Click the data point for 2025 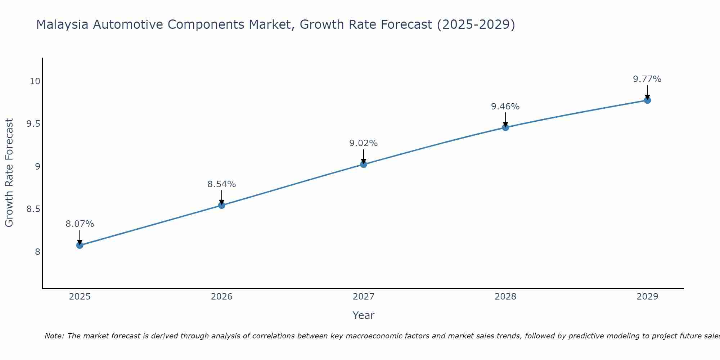[x=80, y=245]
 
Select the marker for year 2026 [x=221, y=205]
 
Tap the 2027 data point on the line [x=363, y=164]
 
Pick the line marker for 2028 [x=505, y=127]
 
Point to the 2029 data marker [x=647, y=100]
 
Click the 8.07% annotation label [x=80, y=224]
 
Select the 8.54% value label [x=221, y=184]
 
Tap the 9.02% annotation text [x=363, y=143]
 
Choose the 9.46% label [x=505, y=107]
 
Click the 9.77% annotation [x=647, y=79]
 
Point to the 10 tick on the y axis [x=35, y=81]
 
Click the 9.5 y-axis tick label [x=33, y=124]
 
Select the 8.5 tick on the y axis [x=33, y=209]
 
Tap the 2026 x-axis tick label [x=221, y=297]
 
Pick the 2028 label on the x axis [x=505, y=297]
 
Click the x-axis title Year [x=363, y=315]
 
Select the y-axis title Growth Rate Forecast [x=9, y=172]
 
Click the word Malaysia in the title [x=62, y=24]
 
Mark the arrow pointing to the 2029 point [x=647, y=92]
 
